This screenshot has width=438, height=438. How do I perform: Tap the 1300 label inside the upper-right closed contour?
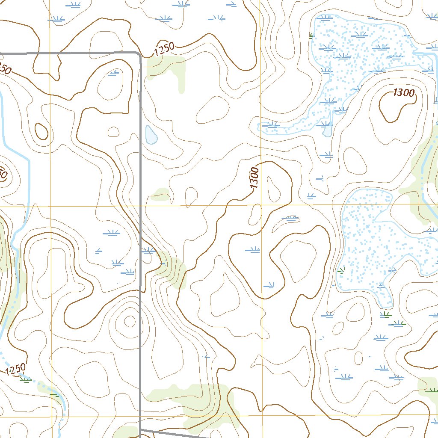tap(403, 93)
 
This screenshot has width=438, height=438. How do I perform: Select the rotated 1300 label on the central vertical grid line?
tap(255, 178)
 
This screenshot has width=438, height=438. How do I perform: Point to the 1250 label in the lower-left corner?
tap(16, 369)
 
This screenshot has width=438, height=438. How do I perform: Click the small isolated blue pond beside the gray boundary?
tap(151, 135)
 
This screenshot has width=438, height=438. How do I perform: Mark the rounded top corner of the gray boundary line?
tap(138, 54)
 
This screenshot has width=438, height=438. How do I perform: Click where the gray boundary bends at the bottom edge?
tap(141, 429)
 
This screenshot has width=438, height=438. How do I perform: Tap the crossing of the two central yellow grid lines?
tap(261, 205)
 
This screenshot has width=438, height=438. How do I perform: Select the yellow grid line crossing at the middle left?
tap(50, 206)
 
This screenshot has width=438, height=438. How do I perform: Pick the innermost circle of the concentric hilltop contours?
tap(129, 320)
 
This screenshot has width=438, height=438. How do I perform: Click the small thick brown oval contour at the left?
tap(41, 131)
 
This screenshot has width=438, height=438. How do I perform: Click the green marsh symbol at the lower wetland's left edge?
tap(341, 270)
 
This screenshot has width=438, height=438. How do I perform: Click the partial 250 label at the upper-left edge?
tap(4, 68)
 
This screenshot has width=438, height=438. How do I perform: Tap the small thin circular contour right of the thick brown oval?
tap(113, 131)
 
